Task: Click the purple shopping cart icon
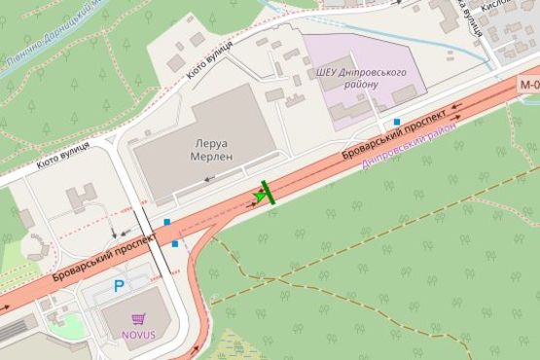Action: click(x=138, y=318)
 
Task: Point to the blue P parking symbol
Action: click(x=120, y=286)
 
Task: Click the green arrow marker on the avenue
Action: click(x=261, y=195)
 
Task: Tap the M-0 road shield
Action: click(x=529, y=85)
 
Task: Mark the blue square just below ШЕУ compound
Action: click(x=397, y=122)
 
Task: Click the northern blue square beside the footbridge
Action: click(x=166, y=223)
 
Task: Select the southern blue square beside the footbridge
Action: click(x=174, y=244)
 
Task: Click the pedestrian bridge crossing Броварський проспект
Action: click(x=153, y=238)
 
